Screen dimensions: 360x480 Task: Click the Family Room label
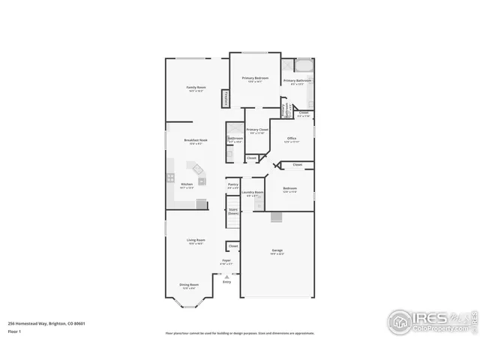coord(196,88)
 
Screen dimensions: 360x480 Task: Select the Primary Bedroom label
coord(255,79)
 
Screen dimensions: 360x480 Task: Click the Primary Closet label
coord(257,131)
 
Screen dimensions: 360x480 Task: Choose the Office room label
coord(291,139)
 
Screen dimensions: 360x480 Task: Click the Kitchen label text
coord(187,185)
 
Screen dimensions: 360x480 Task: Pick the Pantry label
coord(232,185)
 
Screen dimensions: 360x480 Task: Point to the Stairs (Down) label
coord(233,212)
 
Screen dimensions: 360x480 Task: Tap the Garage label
coord(277,250)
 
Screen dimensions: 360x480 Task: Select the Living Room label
coord(196,241)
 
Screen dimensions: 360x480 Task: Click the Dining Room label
coord(189,285)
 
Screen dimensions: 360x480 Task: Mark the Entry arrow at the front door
coord(226,276)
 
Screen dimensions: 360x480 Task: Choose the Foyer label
coord(226,262)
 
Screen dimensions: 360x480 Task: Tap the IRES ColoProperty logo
coord(430,321)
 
